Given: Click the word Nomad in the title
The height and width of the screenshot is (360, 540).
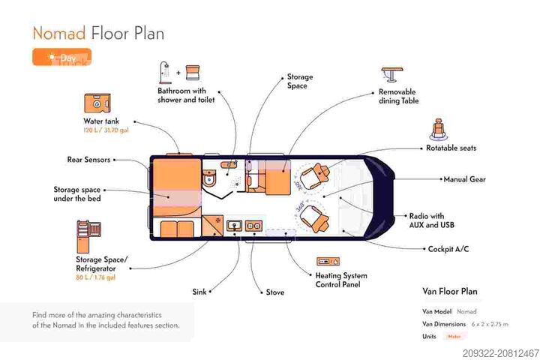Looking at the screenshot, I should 58,33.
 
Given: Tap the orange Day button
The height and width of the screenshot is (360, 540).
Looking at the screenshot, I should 61,58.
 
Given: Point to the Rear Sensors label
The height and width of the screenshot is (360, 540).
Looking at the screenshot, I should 88,159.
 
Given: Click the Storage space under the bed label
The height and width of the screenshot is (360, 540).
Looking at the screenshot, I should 76,193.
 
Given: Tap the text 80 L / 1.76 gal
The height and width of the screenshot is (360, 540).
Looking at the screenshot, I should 95,277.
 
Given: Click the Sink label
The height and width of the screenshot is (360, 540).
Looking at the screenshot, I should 199,292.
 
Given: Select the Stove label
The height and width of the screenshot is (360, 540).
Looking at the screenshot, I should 275,292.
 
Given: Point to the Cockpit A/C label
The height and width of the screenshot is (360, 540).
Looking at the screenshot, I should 448,248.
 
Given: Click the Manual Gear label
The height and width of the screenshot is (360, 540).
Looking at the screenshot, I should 465,180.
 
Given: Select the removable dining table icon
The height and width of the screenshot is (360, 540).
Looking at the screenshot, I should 391,74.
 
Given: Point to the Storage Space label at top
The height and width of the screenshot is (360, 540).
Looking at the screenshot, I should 299,81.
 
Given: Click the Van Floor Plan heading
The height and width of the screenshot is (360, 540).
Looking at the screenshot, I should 450,291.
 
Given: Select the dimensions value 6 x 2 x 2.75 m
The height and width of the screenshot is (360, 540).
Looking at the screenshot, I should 490,324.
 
